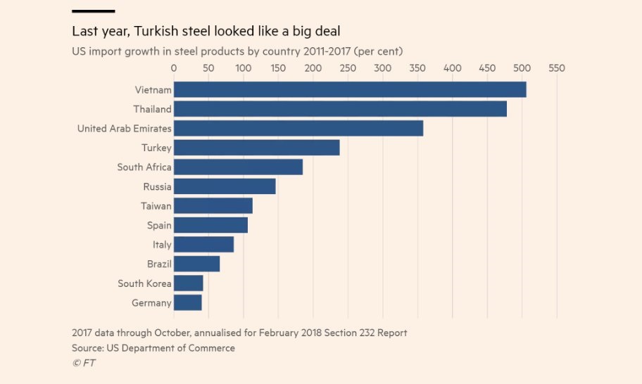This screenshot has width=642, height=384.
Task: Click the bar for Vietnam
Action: click(350, 89)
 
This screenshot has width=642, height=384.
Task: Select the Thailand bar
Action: click(340, 109)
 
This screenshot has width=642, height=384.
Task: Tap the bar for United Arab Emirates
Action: click(298, 128)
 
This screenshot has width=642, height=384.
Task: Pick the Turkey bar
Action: click(256, 148)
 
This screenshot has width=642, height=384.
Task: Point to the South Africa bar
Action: click(238, 167)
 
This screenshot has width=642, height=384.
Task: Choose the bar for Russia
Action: click(225, 186)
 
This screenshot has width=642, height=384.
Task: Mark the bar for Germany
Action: click(187, 302)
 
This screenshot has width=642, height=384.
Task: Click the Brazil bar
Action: click(196, 264)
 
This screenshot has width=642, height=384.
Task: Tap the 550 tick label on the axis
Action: click(557, 68)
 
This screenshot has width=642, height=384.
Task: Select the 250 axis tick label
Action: click(348, 68)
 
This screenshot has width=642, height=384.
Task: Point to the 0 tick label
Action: click(174, 68)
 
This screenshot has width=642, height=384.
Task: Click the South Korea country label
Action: click(144, 283)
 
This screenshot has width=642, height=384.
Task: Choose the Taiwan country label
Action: click(156, 206)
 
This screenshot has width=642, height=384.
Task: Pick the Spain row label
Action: click(158, 225)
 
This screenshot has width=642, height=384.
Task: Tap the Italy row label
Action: click(162, 245)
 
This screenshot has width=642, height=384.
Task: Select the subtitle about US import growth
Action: click(237, 51)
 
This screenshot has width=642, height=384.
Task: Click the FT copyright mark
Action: click(84, 363)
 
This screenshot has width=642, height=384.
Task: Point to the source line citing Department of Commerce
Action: click(153, 348)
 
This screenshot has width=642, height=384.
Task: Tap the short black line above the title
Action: click(93, 11)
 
